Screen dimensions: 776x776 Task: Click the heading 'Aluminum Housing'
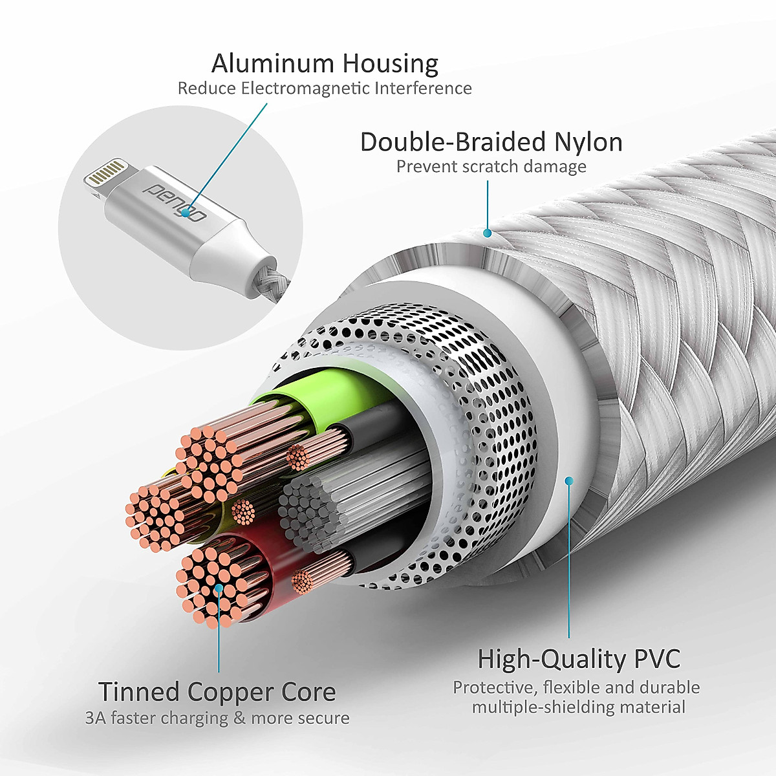[325, 63]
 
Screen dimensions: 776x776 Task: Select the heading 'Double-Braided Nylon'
[491, 142]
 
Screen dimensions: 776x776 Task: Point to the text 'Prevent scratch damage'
[491, 167]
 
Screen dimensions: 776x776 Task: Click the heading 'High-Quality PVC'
[579, 660]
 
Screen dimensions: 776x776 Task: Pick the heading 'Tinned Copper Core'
[217, 692]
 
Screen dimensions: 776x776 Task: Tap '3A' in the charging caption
[95, 718]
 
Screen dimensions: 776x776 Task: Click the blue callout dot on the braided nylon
[488, 233]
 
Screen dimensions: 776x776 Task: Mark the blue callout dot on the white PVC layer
[569, 480]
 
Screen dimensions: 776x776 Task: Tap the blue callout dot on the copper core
[219, 588]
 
